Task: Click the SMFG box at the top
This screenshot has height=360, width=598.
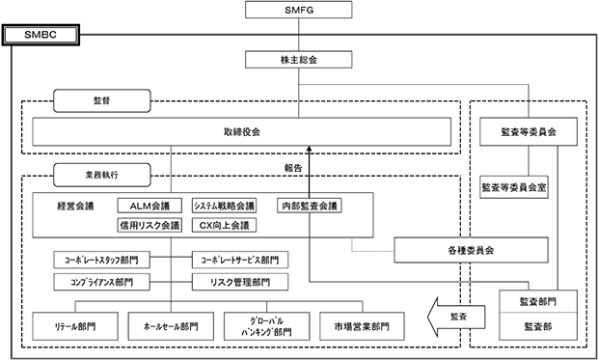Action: (x=299, y=10)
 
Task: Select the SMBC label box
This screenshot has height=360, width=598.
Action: (x=41, y=35)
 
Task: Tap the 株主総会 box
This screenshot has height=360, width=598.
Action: (x=299, y=60)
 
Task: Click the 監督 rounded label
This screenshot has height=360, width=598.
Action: (x=102, y=100)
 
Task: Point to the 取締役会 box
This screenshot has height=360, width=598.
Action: (x=241, y=131)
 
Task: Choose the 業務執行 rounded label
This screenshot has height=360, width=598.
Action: (x=102, y=175)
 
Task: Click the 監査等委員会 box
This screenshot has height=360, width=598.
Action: (x=529, y=131)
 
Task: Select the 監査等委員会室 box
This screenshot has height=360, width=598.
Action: (x=514, y=187)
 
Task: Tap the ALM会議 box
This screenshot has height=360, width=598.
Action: (x=149, y=206)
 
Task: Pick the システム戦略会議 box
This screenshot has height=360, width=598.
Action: (x=224, y=206)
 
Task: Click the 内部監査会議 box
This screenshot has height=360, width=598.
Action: (x=310, y=206)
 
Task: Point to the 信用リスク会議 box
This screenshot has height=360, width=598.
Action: (x=149, y=225)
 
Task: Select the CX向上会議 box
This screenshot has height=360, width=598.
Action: (x=224, y=225)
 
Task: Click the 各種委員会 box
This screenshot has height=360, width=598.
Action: (x=471, y=250)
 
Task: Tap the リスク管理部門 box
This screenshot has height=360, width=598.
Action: (x=240, y=282)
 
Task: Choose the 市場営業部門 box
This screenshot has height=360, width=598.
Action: (x=362, y=326)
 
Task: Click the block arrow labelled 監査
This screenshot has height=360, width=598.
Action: (x=456, y=317)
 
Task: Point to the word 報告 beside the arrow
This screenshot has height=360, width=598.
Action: (x=293, y=168)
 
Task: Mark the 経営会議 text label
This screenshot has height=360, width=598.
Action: (x=75, y=207)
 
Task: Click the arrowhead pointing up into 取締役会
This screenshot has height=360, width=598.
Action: (x=310, y=150)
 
